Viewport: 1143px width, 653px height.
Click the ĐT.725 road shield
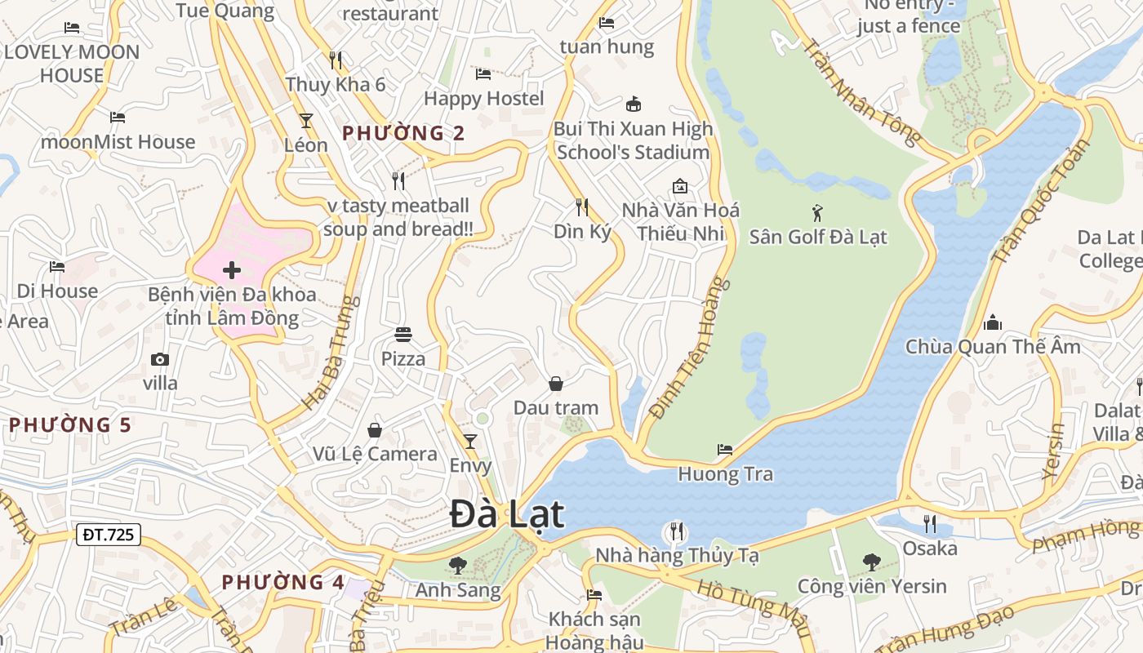(x=109, y=535)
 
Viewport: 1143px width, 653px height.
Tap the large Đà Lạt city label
(x=507, y=514)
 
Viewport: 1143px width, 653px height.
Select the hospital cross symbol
(x=232, y=269)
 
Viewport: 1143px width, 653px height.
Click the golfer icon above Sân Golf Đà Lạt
(x=817, y=214)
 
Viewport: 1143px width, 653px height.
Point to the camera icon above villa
(x=160, y=359)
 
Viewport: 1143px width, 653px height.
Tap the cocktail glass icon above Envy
(x=470, y=442)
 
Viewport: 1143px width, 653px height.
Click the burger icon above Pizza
(x=403, y=334)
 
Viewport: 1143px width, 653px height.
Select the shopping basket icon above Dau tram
(x=556, y=384)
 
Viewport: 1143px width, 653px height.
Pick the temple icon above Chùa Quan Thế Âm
(x=993, y=322)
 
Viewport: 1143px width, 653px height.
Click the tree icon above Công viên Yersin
(x=872, y=562)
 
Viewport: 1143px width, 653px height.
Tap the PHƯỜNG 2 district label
(x=403, y=133)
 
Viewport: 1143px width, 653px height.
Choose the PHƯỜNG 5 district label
(x=70, y=424)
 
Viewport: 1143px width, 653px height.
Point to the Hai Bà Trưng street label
(x=331, y=353)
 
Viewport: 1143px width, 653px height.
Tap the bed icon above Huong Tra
(x=725, y=450)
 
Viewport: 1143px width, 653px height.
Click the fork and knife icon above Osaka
(x=930, y=523)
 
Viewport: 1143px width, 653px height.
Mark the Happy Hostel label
(x=483, y=99)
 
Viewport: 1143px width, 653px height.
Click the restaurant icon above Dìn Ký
(x=582, y=207)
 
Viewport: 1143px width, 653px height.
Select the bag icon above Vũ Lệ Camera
(x=375, y=429)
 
